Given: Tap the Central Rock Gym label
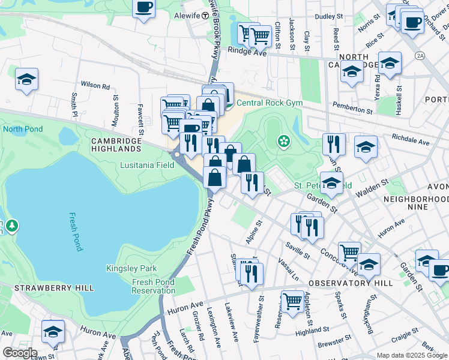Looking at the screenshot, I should click(x=269, y=103).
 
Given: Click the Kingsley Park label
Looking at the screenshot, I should click(x=126, y=269).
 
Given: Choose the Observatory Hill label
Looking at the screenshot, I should click(x=351, y=283).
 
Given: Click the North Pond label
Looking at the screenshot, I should click(x=22, y=129).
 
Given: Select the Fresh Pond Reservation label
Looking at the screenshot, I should click(x=153, y=286).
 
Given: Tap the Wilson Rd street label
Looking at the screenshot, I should click(x=95, y=86).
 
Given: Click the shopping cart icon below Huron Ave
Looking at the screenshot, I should click(x=292, y=301).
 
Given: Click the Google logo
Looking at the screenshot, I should click(x=20, y=353).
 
